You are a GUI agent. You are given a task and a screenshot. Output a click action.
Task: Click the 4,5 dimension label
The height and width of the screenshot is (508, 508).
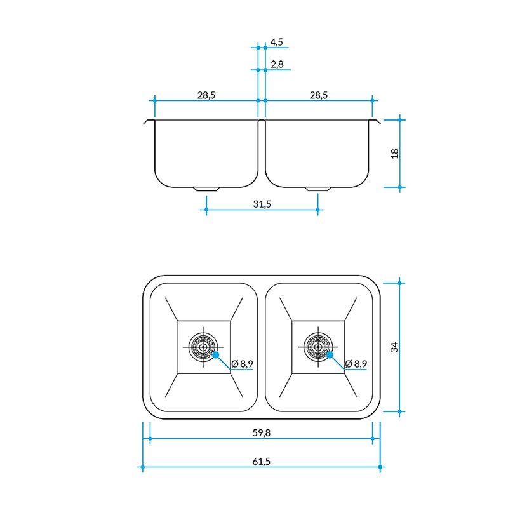(x=277, y=42)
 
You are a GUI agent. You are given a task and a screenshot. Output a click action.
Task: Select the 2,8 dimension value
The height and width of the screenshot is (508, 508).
(x=277, y=64)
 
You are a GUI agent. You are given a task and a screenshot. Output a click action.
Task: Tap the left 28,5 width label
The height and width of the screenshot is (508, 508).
(x=206, y=95)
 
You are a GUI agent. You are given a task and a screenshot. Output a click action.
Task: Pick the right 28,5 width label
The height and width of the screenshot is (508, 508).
(x=319, y=95)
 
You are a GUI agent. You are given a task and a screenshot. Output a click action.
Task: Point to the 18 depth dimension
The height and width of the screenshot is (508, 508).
(x=394, y=153)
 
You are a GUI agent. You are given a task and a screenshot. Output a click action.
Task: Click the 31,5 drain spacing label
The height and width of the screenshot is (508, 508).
(x=262, y=204)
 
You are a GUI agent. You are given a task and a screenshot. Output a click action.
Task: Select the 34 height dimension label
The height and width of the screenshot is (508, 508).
(x=394, y=347)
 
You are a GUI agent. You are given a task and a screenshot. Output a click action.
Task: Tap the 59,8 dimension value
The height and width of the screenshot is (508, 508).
(x=262, y=432)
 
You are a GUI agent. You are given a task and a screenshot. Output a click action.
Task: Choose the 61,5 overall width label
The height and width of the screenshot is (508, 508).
(x=262, y=461)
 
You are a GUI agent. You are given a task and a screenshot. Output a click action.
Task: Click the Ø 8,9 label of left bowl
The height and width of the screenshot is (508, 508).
(x=243, y=363)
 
